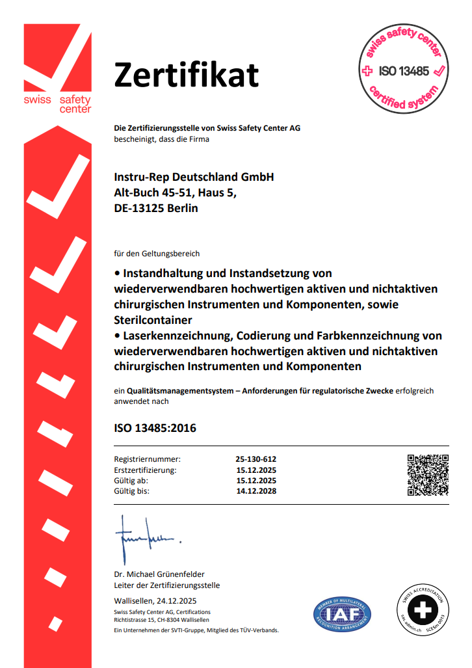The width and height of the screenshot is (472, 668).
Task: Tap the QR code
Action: click(428, 474)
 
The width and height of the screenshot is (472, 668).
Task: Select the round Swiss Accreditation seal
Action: click(423, 611)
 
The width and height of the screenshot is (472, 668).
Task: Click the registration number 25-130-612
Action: click(256, 459)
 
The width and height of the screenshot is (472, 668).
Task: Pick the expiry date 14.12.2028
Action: click(256, 491)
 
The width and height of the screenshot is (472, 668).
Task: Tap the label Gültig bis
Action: click(132, 491)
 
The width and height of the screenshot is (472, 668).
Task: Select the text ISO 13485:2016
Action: click(155, 428)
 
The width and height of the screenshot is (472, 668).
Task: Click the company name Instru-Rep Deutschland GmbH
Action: click(194, 177)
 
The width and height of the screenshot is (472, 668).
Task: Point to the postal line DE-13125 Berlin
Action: click(155, 209)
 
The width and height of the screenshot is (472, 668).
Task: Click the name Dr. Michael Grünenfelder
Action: click(159, 574)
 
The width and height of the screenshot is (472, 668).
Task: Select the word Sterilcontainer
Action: click(153, 320)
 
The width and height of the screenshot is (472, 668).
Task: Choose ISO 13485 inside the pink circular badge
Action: click(404, 71)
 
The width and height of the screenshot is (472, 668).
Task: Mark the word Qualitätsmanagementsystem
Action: click(176, 391)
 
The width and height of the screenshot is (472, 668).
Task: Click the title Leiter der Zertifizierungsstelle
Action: click(167, 585)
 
